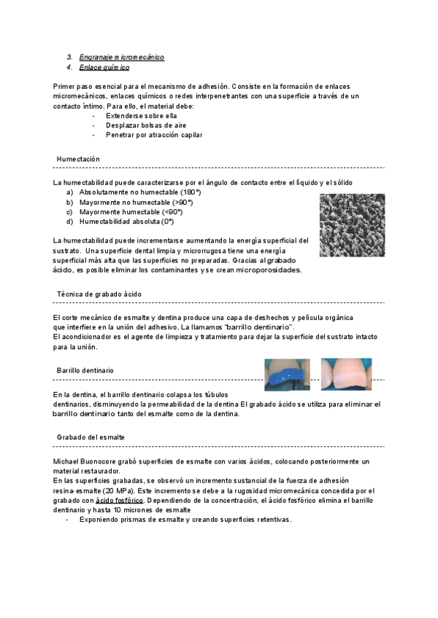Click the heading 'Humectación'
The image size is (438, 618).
[78, 159]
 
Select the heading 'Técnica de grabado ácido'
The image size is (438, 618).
[99, 294]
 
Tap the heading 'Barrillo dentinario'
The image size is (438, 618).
[85, 371]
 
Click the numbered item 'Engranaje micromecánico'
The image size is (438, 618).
[120, 56]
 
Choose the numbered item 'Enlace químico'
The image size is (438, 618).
[104, 68]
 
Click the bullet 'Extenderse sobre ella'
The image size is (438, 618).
[141, 116]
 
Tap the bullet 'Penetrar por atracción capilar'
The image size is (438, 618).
[153, 135]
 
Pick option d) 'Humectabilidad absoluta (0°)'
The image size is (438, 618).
[126, 222]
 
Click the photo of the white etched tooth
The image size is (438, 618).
[347, 371]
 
